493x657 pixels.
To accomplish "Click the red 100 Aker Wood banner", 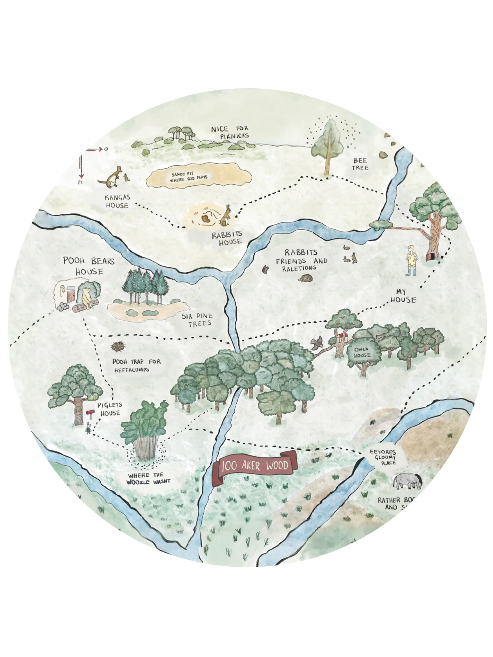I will [254, 466].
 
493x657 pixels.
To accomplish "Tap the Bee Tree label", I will [360, 164].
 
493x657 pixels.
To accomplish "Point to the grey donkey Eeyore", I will [407, 481].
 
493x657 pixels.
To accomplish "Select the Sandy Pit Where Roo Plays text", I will [189, 177].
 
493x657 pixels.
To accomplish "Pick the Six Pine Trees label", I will [198, 319].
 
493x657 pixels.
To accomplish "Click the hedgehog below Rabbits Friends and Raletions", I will [305, 278].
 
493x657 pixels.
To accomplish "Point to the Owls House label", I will [362, 352].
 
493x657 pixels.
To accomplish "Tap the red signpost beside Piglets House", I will [90, 413].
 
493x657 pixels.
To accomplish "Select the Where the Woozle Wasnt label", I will [148, 478].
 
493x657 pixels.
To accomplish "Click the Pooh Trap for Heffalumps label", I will [136, 365].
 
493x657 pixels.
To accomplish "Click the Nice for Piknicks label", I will [230, 132].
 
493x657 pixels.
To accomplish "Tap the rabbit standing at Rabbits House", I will [225, 216].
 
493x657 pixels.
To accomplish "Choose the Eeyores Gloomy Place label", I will [383, 457].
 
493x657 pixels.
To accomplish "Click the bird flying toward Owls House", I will [317, 343].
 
